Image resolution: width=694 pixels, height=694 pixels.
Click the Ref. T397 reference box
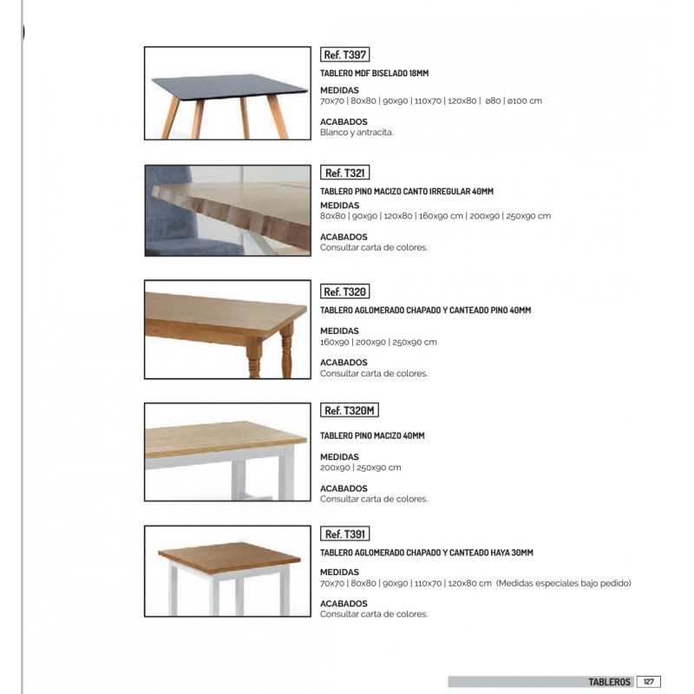pos(345,54)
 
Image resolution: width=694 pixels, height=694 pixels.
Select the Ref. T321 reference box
pos(345,173)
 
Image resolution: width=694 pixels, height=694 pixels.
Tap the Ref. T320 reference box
pos(345,291)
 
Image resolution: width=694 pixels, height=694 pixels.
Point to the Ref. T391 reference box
pos(345,534)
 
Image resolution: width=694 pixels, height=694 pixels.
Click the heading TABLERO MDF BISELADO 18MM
pos(375,75)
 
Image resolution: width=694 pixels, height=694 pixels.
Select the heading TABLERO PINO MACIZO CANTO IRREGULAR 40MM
pos(407,191)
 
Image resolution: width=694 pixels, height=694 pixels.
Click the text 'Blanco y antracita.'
pos(357,133)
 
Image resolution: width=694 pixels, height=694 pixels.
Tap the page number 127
pos(649,682)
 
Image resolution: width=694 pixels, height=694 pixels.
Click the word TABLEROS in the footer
pos(609,682)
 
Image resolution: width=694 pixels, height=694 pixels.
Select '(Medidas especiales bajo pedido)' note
pos(564,583)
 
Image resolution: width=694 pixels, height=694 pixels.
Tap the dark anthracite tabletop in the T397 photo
pos(229,86)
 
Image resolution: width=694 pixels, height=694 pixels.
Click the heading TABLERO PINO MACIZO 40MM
pos(372,435)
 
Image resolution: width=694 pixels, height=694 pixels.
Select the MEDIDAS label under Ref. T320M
pos(339,456)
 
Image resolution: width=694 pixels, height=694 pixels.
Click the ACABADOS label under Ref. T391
pos(344,604)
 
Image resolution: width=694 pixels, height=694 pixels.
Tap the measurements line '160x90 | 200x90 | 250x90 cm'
pos(378,342)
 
